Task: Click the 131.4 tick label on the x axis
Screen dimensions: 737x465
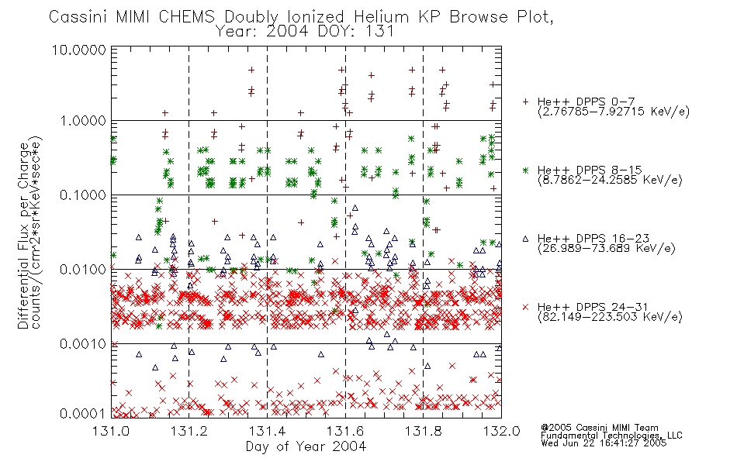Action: coord(268,431)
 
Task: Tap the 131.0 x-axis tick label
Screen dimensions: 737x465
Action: coord(111,431)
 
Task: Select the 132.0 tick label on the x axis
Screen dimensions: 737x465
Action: coord(501,431)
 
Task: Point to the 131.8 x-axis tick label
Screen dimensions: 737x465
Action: coord(424,431)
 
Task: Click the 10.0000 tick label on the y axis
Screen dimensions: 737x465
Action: coord(79,50)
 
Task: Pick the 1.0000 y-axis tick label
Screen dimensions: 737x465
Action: coord(83,121)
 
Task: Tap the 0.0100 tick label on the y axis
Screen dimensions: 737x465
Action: coord(83,270)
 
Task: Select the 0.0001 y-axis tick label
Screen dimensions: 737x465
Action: coord(83,413)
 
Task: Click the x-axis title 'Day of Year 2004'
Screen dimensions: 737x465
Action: coord(306,446)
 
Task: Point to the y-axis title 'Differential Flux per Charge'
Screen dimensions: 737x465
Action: coord(23,236)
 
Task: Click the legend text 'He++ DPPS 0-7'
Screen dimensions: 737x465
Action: coord(586,102)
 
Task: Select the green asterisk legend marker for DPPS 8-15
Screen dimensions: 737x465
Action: coord(525,170)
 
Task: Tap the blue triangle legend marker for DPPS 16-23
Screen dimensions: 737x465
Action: coord(525,239)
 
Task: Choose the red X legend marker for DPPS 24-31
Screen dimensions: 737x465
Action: coord(525,307)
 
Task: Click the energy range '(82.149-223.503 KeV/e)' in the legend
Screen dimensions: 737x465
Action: coord(610,317)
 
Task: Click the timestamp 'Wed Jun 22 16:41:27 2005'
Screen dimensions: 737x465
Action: coord(604,443)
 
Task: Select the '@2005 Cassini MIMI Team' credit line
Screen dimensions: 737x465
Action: coord(599,428)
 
